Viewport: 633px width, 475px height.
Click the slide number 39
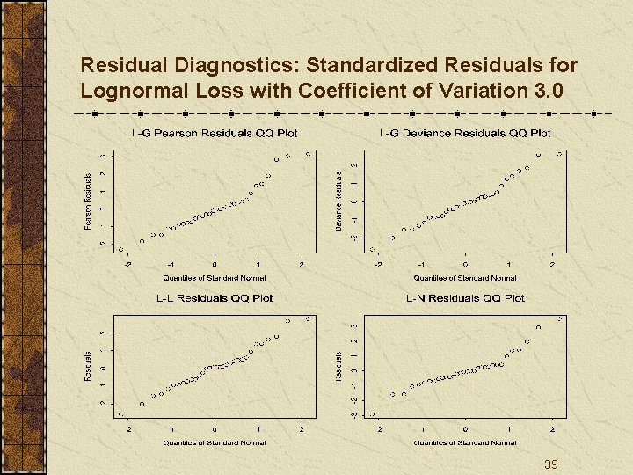pos(551,464)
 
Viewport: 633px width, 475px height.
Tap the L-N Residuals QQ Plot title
pos(465,298)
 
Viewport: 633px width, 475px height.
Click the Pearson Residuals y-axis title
pos(88,201)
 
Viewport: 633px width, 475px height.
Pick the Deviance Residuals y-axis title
pos(339,201)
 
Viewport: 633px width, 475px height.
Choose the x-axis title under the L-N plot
pos(465,442)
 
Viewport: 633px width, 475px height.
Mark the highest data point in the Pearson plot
pos(309,153)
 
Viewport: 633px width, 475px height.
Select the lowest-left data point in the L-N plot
pos(373,413)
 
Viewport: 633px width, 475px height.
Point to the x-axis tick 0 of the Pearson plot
pos(214,265)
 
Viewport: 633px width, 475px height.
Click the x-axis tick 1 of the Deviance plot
pos(509,265)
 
